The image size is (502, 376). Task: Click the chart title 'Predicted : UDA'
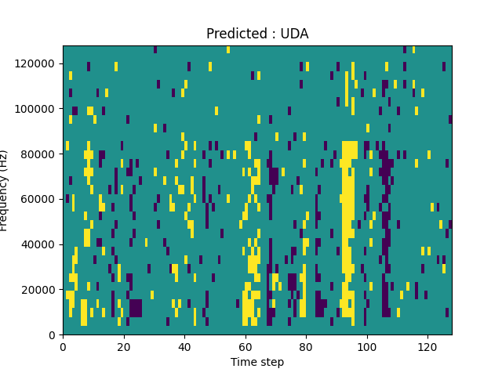coord(257,34)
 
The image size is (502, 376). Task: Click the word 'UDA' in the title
coord(295,34)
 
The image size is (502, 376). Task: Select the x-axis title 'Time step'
coord(257,362)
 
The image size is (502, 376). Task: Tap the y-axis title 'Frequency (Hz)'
coord(5,190)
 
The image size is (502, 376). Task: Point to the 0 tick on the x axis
coord(63,346)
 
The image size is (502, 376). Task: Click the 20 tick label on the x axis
coord(123,346)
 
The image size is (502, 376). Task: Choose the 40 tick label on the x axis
coord(184,346)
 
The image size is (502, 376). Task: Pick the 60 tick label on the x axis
coord(245,346)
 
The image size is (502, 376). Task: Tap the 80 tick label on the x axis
coord(306,346)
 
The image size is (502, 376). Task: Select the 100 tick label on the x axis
coord(366,346)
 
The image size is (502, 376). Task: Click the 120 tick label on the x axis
coord(427,346)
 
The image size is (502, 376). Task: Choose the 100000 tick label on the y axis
coord(36,108)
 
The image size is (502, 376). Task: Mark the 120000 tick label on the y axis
coord(36,63)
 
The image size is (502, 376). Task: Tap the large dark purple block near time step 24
coord(136,308)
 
